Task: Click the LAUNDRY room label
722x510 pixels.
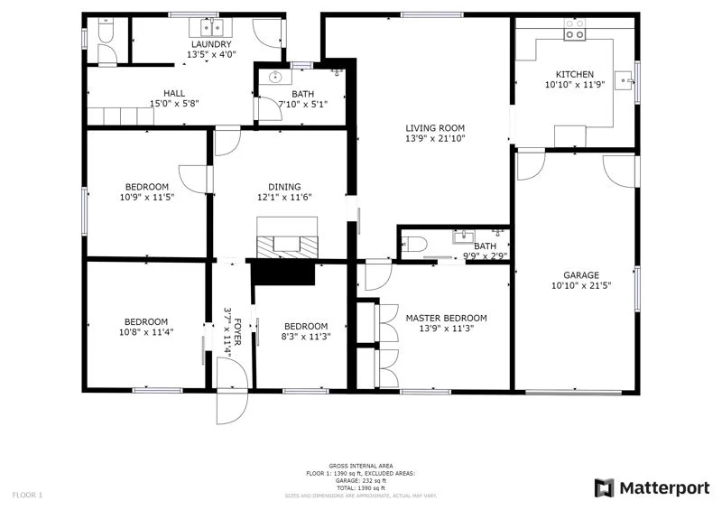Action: coord(210,44)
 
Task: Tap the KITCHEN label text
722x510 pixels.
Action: coord(574,75)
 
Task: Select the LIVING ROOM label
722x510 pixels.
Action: coord(434,128)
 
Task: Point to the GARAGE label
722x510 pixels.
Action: coord(581,276)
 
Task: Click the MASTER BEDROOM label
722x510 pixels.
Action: coord(446,318)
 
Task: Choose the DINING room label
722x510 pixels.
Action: coord(283,187)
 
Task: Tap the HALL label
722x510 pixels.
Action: coord(174,93)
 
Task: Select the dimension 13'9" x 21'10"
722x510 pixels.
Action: coord(434,139)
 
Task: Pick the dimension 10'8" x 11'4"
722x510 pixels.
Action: coord(145,332)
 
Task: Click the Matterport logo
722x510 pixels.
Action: coord(652,488)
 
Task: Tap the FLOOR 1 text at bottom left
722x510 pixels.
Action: coord(27,495)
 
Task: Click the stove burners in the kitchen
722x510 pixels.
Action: coord(574,35)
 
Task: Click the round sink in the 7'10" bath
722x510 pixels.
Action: coord(276,78)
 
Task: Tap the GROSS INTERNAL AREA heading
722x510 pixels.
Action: coord(360,466)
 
